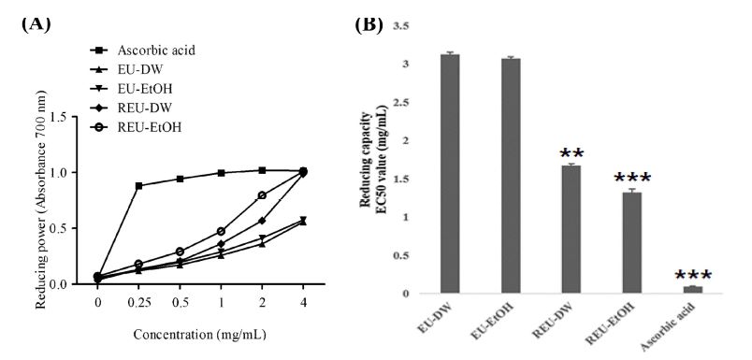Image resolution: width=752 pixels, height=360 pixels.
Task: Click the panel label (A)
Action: pos(35,24)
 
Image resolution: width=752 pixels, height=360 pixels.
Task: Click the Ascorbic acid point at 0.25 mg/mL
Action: pos(139,186)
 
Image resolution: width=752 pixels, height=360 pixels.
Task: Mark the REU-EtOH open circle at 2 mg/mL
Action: pos(262,195)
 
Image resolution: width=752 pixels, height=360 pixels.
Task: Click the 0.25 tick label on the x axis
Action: pos(139,304)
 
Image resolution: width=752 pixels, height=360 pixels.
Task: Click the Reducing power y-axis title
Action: pos(36,201)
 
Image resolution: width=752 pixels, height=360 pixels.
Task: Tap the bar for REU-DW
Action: pos(571,230)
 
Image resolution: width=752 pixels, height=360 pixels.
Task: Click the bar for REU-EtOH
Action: pos(632,243)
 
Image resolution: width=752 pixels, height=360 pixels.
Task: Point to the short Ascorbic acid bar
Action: pos(693,290)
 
